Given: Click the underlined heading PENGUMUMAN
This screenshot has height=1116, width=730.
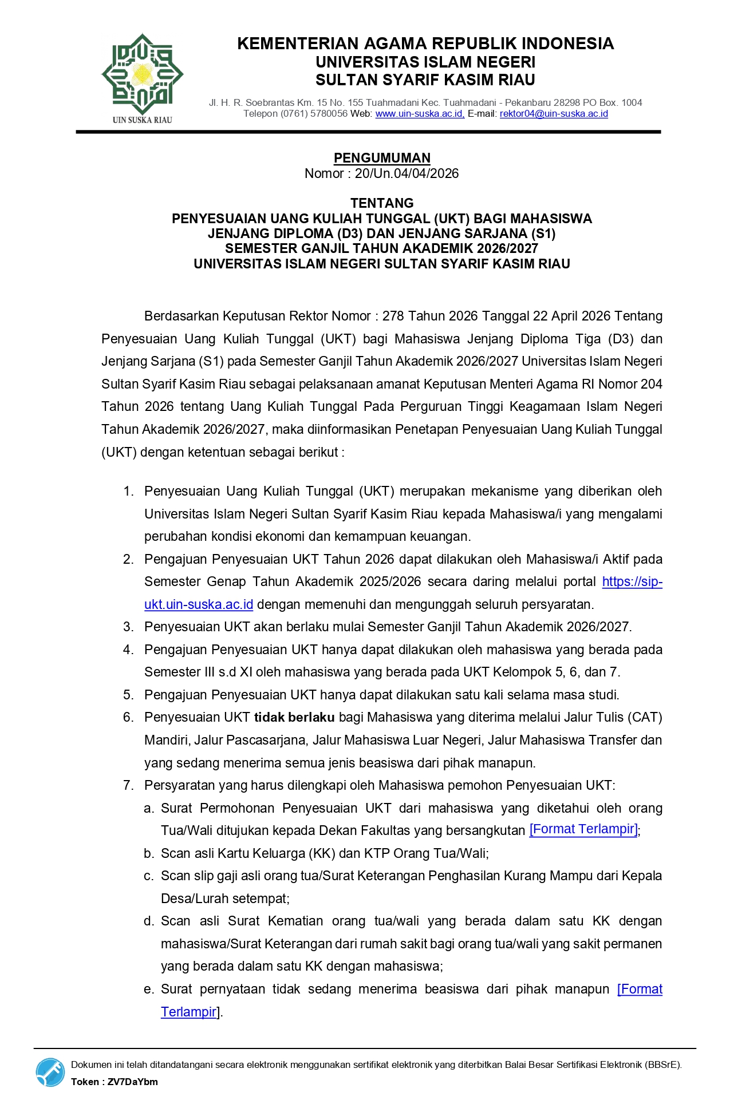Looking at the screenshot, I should (x=382, y=158).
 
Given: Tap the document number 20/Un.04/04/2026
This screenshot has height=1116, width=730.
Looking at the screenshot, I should (x=407, y=173).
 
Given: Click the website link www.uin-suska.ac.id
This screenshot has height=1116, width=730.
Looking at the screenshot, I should (x=419, y=114).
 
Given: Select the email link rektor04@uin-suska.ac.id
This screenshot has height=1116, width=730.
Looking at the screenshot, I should (x=554, y=114).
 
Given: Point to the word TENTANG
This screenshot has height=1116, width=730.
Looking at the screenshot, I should (x=382, y=203).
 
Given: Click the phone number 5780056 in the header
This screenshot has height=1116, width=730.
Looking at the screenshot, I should (x=329, y=114).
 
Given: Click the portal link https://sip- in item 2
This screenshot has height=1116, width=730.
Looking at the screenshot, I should (x=632, y=581).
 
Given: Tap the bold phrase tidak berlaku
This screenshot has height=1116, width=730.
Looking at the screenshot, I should (x=294, y=717).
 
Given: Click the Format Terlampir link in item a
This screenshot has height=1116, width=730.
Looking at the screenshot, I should (x=583, y=829).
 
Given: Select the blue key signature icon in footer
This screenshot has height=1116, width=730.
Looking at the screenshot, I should (x=50, y=1073).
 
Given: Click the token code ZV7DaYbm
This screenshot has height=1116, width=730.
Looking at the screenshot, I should (x=132, y=1082).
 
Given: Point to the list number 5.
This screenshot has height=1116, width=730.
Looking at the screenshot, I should (x=128, y=695).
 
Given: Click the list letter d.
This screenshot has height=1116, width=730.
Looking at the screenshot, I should (x=149, y=921).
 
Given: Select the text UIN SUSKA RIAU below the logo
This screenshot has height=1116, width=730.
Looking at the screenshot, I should (x=142, y=120).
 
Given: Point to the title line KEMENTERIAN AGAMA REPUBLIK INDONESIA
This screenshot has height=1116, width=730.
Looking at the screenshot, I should (x=425, y=43).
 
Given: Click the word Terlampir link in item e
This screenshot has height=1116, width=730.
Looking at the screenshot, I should (x=188, y=1012).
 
